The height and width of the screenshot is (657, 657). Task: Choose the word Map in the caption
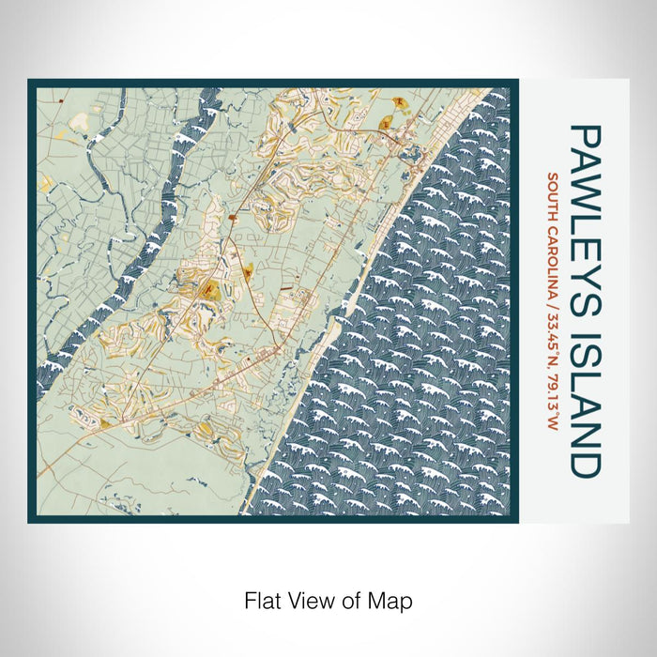tap(392, 599)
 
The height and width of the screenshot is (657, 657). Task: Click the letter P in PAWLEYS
tap(584, 135)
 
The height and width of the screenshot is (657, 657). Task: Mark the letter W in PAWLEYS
tap(584, 192)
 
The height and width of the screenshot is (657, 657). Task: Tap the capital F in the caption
tap(249, 599)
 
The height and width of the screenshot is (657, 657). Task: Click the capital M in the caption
tap(381, 599)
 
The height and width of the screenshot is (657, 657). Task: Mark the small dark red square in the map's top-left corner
tap(58, 98)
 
